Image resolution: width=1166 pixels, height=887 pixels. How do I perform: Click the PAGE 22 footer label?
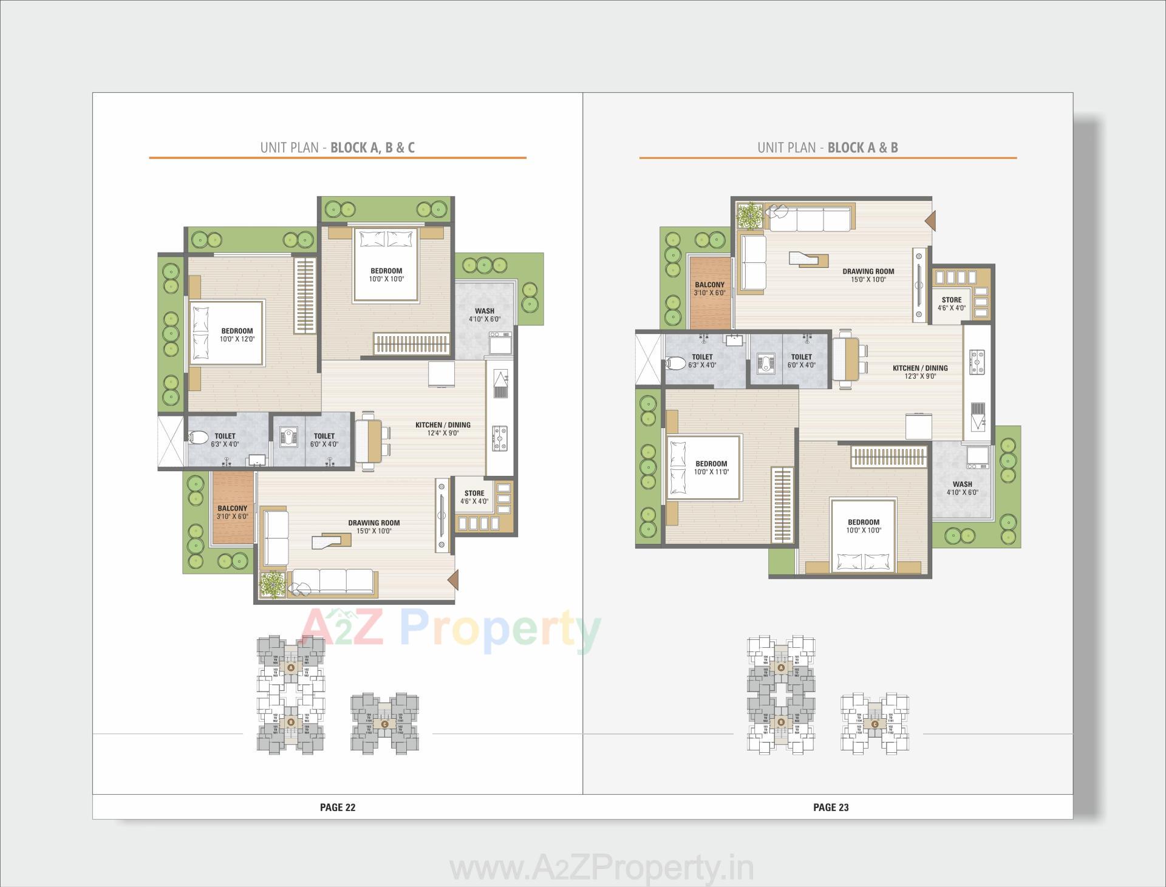pyautogui.click(x=338, y=807)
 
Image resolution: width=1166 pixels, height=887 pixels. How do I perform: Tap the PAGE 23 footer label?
pyautogui.click(x=831, y=807)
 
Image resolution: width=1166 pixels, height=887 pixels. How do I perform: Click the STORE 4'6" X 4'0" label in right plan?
pyautogui.click(x=952, y=304)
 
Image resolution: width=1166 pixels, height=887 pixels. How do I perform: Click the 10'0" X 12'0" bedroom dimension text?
pyautogui.click(x=237, y=339)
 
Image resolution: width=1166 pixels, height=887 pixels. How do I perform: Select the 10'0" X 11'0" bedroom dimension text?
pyautogui.click(x=711, y=472)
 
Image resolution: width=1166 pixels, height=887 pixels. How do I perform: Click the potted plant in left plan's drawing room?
pyautogui.click(x=272, y=586)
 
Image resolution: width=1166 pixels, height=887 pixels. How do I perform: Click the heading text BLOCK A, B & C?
pyautogui.click(x=372, y=148)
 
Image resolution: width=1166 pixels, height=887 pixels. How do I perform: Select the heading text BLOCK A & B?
pyautogui.click(x=862, y=148)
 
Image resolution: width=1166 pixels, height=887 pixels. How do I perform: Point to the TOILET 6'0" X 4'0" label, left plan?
pyautogui.click(x=324, y=440)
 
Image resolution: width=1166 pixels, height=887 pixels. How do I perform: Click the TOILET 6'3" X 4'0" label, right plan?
pyautogui.click(x=702, y=361)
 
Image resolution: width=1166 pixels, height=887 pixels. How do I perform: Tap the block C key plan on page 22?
pyautogui.click(x=385, y=724)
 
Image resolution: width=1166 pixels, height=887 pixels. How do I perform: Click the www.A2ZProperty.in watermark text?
pyautogui.click(x=601, y=869)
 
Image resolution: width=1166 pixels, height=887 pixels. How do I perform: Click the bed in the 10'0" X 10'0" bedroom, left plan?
pyautogui.click(x=386, y=265)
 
